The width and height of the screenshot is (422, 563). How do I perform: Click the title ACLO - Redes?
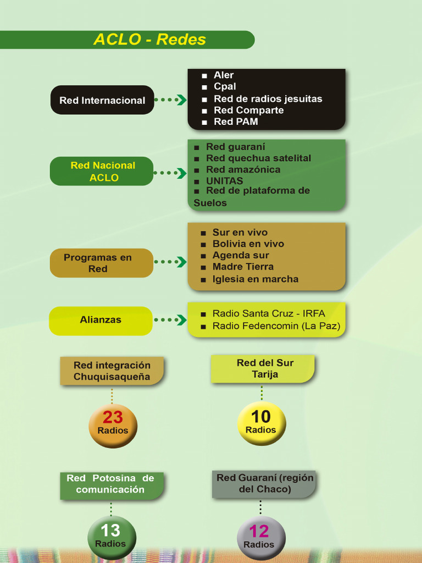[149, 40]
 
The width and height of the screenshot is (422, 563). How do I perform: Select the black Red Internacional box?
[102, 100]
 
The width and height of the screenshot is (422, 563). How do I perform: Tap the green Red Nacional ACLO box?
[102, 172]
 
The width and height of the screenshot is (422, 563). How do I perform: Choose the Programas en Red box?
[102, 263]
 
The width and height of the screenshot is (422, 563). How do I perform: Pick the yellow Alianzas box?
[101, 321]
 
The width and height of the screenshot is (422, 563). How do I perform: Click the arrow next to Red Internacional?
[171, 100]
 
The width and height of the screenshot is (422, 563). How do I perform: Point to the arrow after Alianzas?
[170, 319]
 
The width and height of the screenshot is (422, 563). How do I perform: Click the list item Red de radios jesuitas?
[268, 99]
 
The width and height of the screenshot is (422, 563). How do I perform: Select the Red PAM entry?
[236, 122]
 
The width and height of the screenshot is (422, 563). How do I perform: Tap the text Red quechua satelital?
[258, 158]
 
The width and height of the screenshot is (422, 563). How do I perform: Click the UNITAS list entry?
[224, 180]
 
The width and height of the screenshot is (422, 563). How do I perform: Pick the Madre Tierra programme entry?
[243, 267]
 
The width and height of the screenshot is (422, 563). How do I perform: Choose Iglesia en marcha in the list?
[255, 279]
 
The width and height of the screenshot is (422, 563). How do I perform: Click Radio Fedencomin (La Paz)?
[276, 326]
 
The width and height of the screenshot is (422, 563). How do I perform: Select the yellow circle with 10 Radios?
[262, 423]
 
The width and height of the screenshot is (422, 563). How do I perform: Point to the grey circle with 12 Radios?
[261, 538]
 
